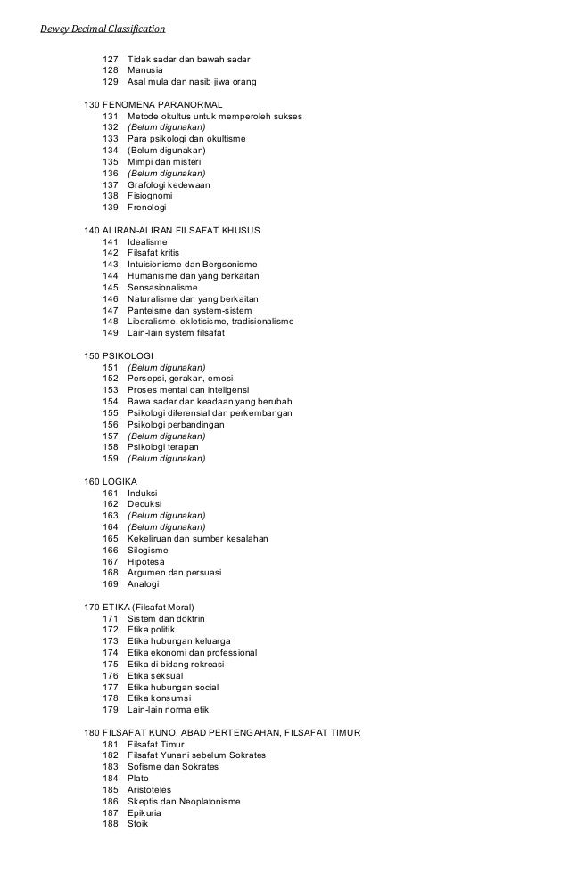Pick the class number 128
click(111, 70)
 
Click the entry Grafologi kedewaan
click(169, 184)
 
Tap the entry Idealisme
click(148, 242)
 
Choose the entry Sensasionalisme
click(162, 288)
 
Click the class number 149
click(111, 333)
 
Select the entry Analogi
click(144, 584)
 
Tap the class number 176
click(111, 676)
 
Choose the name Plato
click(138, 779)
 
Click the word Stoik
click(138, 824)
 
